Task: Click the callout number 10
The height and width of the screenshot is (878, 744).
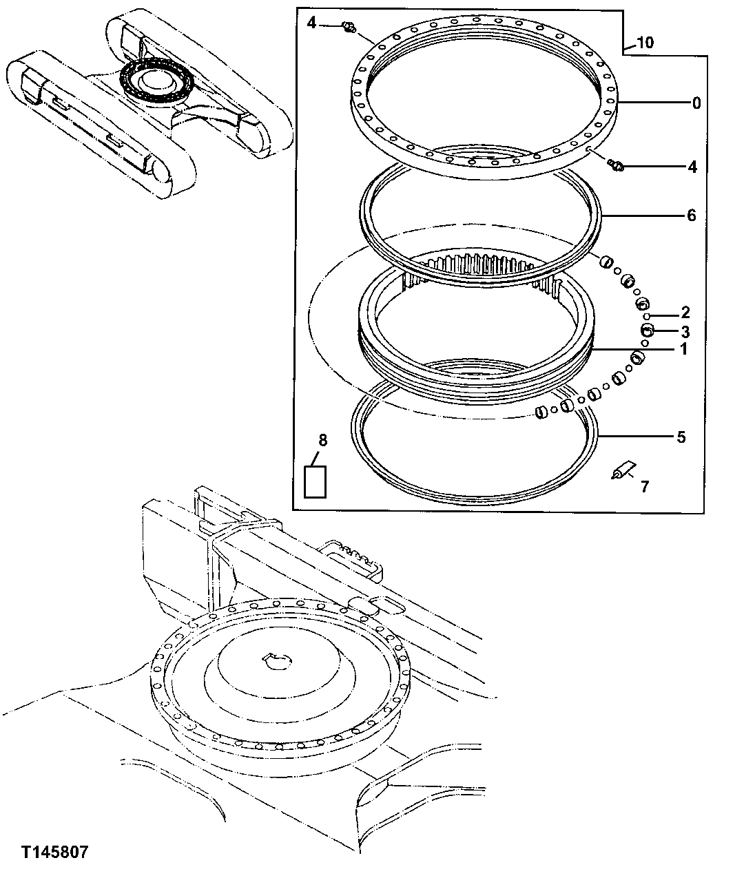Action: (645, 43)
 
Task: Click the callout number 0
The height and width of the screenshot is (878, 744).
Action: (696, 103)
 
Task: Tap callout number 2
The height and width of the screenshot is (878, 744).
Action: (685, 312)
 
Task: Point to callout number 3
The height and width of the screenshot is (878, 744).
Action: (685, 331)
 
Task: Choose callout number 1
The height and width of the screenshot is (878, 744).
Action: (684, 349)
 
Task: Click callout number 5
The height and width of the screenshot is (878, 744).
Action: (681, 437)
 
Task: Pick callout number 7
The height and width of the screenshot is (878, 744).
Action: (645, 487)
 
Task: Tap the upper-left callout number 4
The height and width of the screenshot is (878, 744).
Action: (311, 23)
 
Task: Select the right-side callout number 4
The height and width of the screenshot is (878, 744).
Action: (692, 167)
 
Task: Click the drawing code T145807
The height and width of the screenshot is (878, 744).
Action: (54, 853)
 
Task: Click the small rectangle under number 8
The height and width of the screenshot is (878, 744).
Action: (316, 481)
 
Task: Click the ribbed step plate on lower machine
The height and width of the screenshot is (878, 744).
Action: (355, 556)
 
